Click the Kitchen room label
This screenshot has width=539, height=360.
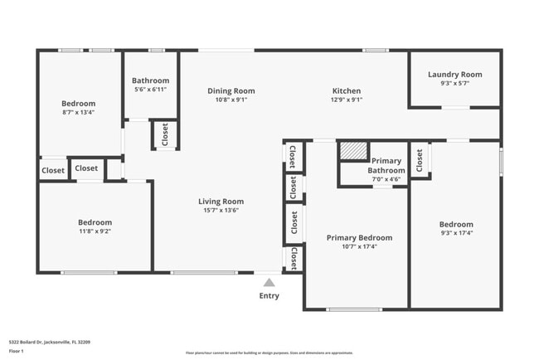point(347,90)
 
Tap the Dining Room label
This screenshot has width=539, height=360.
point(231,90)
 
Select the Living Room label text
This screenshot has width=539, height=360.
point(221,201)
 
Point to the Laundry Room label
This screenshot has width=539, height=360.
point(454,75)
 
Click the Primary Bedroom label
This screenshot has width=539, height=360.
point(359,237)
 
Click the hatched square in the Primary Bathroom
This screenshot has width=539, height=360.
point(353,150)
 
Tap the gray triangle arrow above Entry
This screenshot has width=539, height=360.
point(269,283)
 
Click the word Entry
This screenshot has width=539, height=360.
point(269,296)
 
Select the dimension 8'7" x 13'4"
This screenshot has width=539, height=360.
point(78,112)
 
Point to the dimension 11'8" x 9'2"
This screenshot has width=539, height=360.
point(95,231)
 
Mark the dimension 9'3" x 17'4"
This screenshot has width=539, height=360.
point(456,233)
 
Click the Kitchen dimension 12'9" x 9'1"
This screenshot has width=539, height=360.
point(347,100)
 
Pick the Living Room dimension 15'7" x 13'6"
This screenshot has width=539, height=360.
point(221,210)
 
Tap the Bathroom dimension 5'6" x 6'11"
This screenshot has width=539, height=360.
point(150,90)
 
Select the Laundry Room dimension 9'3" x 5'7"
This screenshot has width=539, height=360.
point(454,84)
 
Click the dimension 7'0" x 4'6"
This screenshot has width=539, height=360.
point(386,179)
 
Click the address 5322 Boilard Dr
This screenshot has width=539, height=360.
point(49,341)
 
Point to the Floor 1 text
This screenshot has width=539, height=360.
point(17,351)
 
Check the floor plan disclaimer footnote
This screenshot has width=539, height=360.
point(269,353)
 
